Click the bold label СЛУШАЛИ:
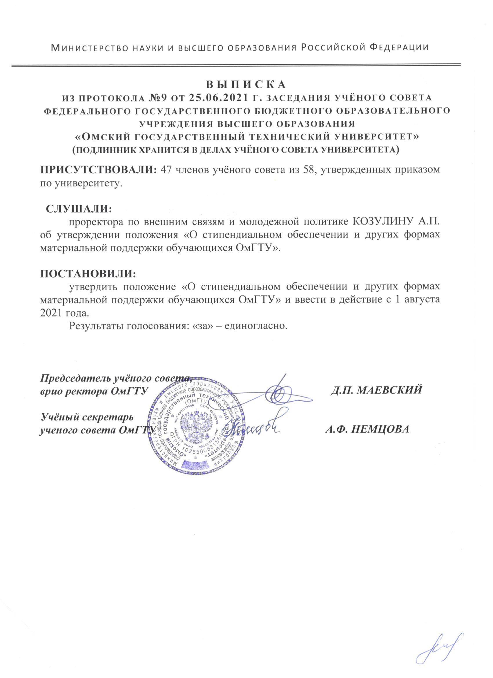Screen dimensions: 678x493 click(x=78, y=209)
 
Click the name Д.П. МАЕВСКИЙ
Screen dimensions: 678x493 click(x=376, y=390)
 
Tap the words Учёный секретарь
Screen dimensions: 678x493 click(x=87, y=416)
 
